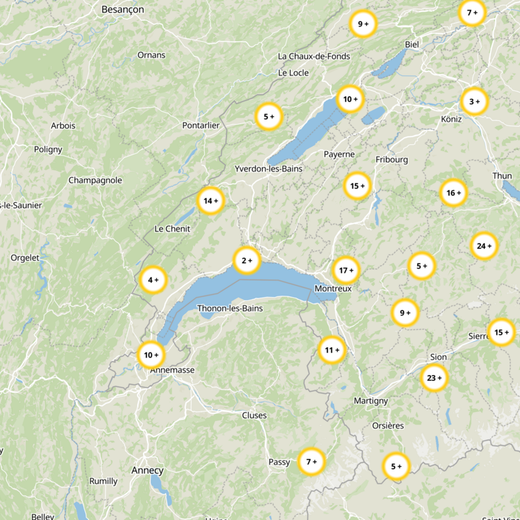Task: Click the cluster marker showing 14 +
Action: (210, 201)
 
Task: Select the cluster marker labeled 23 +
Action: (434, 378)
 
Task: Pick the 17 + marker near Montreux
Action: (346, 270)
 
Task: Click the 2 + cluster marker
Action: (247, 261)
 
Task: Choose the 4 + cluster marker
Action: (153, 280)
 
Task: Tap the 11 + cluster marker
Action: (332, 350)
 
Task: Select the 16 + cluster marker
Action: (454, 192)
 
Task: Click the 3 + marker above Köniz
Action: (474, 101)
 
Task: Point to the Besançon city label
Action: (123, 10)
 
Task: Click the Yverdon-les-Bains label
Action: (268, 169)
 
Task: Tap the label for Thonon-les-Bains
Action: (230, 308)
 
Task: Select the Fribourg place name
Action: (392, 159)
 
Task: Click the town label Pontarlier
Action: (201, 125)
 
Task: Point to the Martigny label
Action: (370, 401)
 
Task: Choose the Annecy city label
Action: (148, 470)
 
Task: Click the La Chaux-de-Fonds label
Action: (314, 57)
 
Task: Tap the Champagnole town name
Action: (95, 180)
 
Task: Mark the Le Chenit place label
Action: (172, 229)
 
